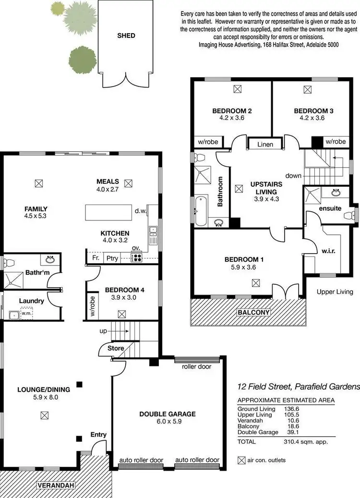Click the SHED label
[x=126, y=36]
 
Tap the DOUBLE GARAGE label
[x=168, y=414]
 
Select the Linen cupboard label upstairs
[x=265, y=144]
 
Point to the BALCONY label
[x=253, y=312]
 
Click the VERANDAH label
[x=57, y=486]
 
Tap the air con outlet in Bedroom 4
[x=122, y=314]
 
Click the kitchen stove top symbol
[x=137, y=257]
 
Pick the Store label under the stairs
[x=116, y=348]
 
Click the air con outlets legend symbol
[x=241, y=460]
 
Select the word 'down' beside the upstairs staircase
[x=293, y=176]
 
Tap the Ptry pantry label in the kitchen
[x=112, y=257]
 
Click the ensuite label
[x=330, y=208]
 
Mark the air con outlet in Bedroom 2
[x=237, y=88]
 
